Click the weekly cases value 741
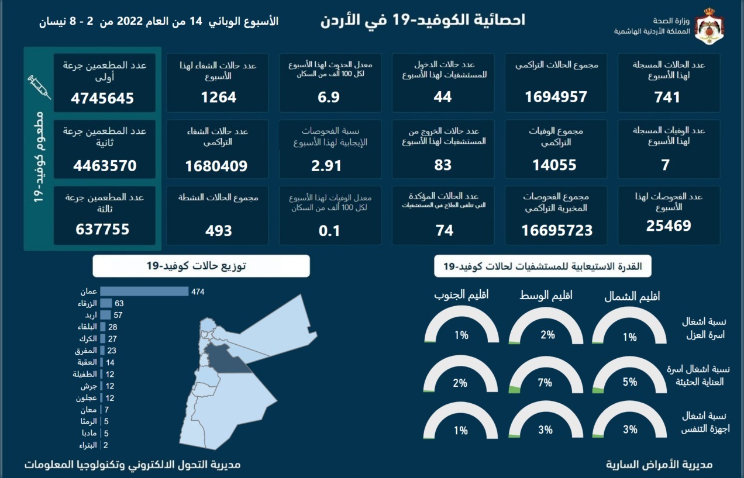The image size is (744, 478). pyautogui.click(x=669, y=98)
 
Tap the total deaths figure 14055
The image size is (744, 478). pyautogui.click(x=554, y=165)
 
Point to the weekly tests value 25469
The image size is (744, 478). pyautogui.click(x=669, y=226)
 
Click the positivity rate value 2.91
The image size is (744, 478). pyautogui.click(x=326, y=165)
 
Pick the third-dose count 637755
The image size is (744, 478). pyautogui.click(x=102, y=230)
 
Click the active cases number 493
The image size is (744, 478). pyautogui.click(x=219, y=231)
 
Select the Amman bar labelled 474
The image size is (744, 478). pyautogui.click(x=144, y=291)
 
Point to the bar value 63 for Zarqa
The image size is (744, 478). pyautogui.click(x=119, y=303)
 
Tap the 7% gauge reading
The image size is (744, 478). pyautogui.click(x=545, y=383)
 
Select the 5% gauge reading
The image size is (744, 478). pyautogui.click(x=630, y=382)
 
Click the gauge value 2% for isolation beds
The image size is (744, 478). pyautogui.click(x=547, y=335)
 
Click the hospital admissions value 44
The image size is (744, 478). pyautogui.click(x=443, y=98)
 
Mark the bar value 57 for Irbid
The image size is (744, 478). pyautogui.click(x=118, y=315)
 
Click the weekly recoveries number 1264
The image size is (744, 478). pyautogui.click(x=219, y=98)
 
